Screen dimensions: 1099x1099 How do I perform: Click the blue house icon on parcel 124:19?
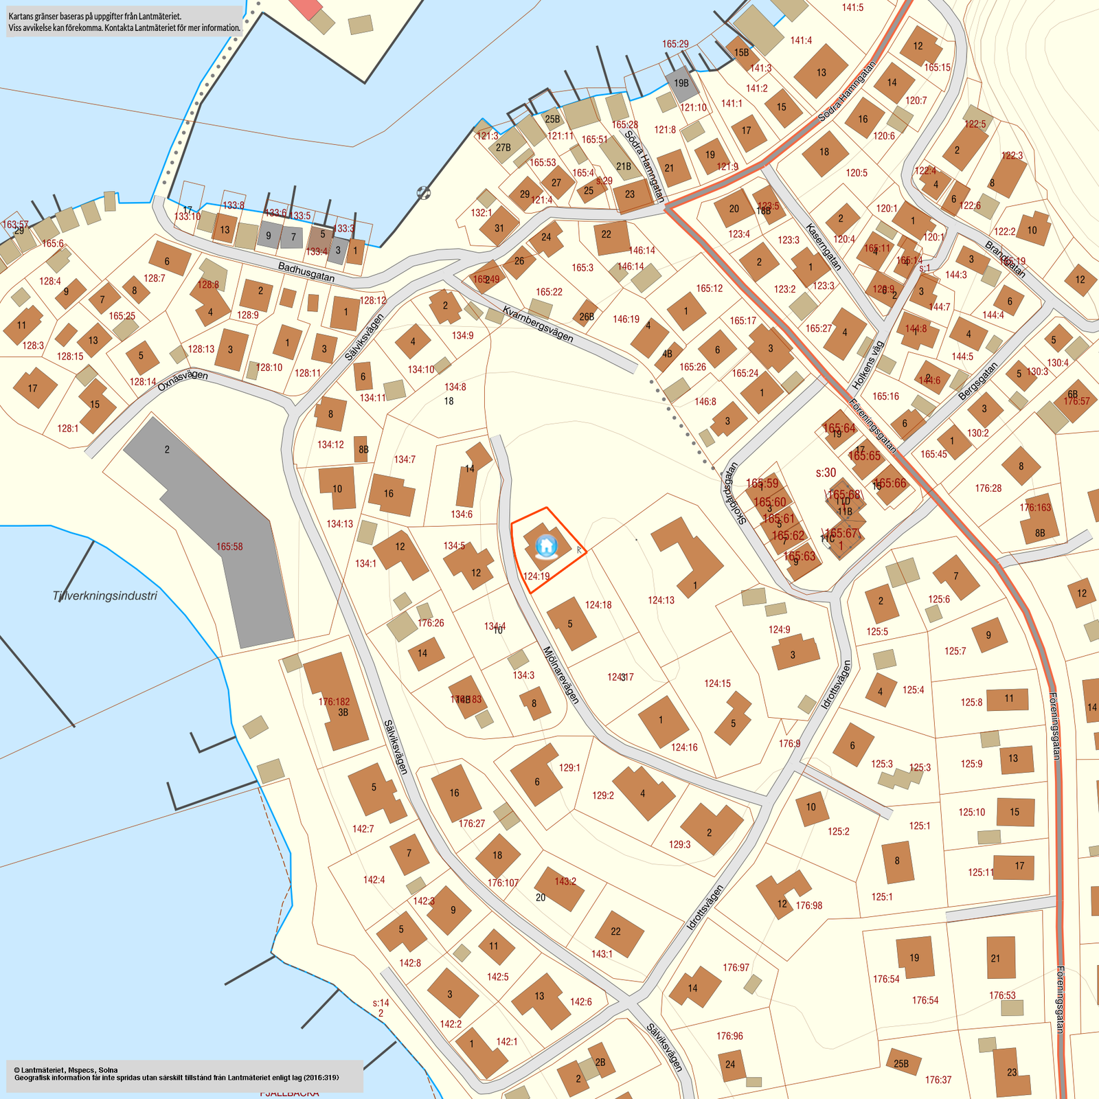(546, 546)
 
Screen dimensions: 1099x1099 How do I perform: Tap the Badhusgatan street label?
(306, 271)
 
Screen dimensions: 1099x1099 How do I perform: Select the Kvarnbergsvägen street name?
(538, 324)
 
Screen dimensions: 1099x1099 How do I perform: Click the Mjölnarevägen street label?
(561, 675)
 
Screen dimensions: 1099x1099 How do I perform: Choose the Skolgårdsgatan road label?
(730, 492)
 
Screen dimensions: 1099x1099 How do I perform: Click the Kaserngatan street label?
(823, 247)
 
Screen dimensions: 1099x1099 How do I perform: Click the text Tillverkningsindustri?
(104, 596)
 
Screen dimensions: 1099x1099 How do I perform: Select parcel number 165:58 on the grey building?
(229, 547)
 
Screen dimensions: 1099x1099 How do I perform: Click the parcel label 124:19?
(536, 576)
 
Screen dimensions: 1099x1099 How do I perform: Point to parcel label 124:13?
(661, 600)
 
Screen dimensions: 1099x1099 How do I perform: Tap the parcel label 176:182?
(334, 702)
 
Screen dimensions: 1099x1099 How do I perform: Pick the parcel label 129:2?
(602, 795)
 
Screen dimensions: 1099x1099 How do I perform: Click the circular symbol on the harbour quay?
(424, 193)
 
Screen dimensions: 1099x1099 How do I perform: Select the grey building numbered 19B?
(681, 82)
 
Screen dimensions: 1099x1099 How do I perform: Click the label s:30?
(826, 473)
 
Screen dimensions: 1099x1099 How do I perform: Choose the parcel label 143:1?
(602, 954)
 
